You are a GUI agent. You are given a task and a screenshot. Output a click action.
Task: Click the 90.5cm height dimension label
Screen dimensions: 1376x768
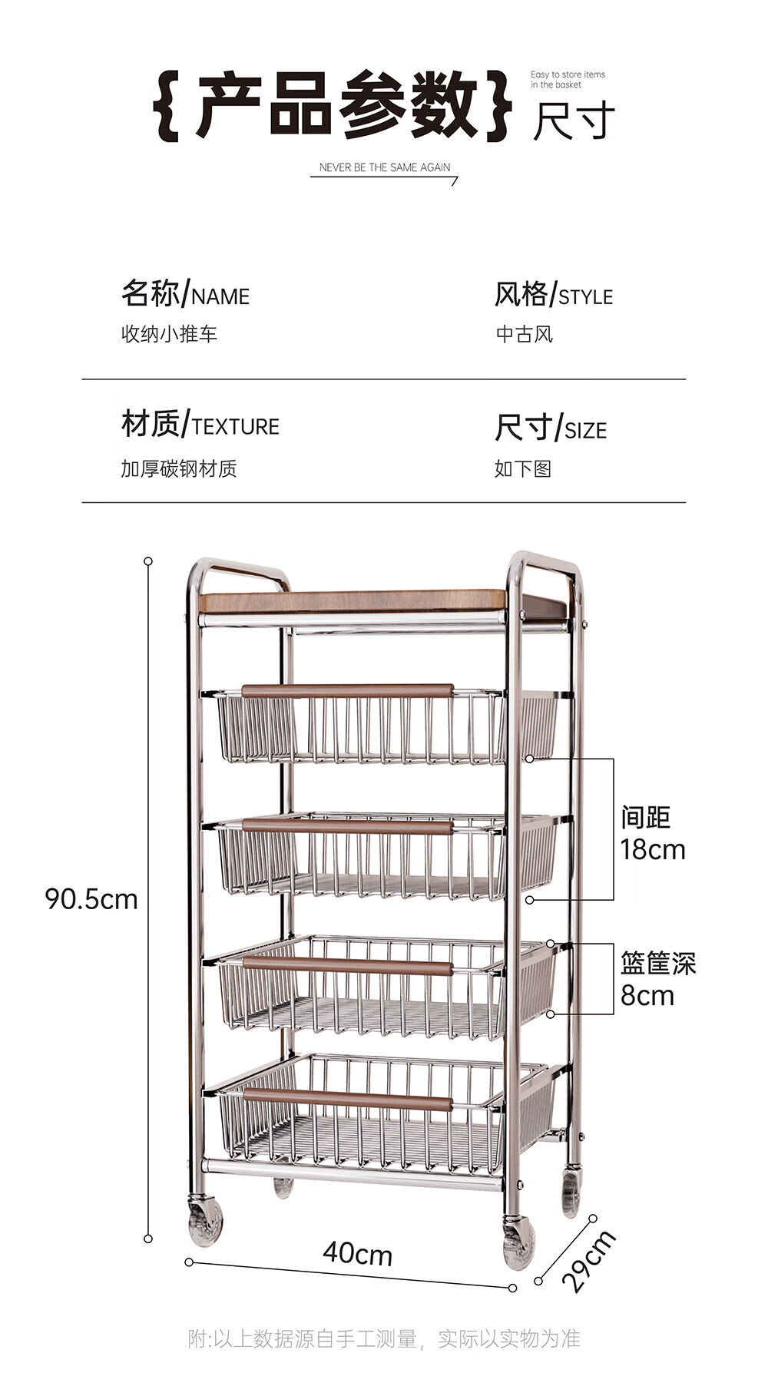click(x=91, y=898)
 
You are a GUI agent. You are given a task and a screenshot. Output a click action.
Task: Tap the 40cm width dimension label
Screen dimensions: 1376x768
click(x=358, y=1254)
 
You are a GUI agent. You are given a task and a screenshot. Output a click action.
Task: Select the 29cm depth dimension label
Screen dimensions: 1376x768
click(x=588, y=1260)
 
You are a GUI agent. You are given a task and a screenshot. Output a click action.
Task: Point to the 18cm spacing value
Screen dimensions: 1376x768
click(x=653, y=850)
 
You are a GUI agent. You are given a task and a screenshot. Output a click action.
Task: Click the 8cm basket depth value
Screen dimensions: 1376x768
click(x=647, y=996)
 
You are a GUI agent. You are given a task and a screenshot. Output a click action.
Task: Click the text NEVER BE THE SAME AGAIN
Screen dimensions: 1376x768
click(x=385, y=167)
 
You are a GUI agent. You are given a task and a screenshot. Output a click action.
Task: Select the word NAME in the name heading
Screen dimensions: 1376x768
click(x=220, y=297)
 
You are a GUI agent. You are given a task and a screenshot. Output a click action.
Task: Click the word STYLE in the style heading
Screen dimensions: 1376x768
click(x=586, y=297)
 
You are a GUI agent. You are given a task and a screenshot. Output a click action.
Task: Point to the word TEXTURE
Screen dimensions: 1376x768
click(x=236, y=427)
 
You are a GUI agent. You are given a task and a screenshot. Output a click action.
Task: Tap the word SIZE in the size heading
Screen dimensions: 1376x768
click(x=585, y=431)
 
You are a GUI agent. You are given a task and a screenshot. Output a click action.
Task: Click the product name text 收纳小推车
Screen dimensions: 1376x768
click(x=169, y=334)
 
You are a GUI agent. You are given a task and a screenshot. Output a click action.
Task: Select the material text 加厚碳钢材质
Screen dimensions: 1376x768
click(x=179, y=468)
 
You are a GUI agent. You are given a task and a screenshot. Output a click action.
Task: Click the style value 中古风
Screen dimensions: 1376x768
click(x=524, y=334)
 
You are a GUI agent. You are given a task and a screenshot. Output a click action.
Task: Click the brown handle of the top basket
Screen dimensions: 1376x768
click(x=347, y=690)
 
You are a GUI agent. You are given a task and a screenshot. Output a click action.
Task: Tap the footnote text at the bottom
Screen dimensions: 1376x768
click(x=384, y=1339)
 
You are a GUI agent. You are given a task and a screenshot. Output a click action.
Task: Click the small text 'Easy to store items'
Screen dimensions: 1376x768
click(x=568, y=74)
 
